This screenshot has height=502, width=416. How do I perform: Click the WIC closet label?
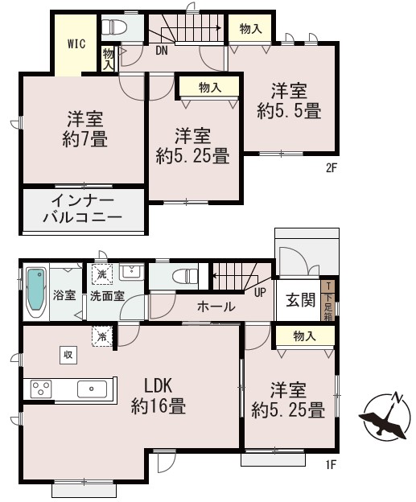[x=76, y=44]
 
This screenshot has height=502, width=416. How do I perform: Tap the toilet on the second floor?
[x=114, y=27]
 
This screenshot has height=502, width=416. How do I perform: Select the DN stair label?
[x=162, y=50]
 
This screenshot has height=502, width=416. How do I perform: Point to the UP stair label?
[x=260, y=292]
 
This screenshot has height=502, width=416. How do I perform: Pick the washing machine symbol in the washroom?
[x=102, y=274]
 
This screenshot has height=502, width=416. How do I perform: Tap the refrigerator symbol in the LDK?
[x=102, y=336]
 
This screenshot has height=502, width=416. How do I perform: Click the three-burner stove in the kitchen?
[x=41, y=389]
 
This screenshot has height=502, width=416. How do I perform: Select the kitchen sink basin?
[x=92, y=389]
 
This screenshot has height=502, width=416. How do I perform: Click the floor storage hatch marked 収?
[x=68, y=355]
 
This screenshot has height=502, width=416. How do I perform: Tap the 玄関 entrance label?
[x=300, y=300]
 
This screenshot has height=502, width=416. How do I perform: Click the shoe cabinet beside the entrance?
[x=328, y=300]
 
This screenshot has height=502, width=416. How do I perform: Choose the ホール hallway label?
[x=216, y=307]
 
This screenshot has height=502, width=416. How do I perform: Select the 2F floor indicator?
[x=332, y=168]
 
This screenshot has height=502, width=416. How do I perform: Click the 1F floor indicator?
[x=331, y=464]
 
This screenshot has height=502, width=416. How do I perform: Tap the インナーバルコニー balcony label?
[x=83, y=209]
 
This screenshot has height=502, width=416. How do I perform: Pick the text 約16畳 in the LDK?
[x=159, y=407]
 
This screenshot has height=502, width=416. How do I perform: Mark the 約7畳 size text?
[x=84, y=140]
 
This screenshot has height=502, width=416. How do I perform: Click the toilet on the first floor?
[x=185, y=276]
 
